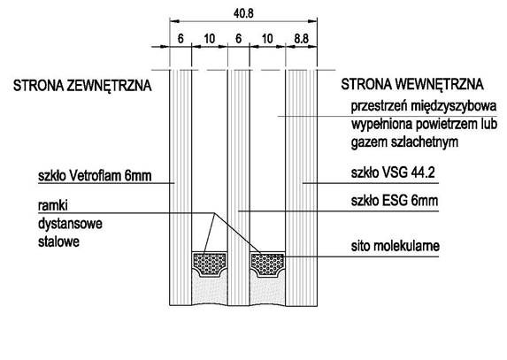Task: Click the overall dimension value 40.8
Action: [243, 13]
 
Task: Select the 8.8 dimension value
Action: [301, 39]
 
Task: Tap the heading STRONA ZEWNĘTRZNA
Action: [82, 86]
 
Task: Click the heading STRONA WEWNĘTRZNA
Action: [412, 84]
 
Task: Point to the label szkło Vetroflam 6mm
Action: [95, 176]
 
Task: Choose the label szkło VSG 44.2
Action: [393, 172]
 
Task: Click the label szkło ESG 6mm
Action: [395, 201]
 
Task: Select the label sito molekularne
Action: [396, 246]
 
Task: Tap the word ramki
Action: [53, 205]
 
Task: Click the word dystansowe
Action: [70, 224]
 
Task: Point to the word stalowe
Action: [58, 241]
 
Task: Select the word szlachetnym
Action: [425, 142]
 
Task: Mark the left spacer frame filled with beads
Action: [210, 264]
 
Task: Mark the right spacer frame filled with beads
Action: [267, 264]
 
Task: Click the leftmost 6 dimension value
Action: [181, 39]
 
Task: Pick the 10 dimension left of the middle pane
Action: [210, 39]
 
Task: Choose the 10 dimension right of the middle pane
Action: [267, 39]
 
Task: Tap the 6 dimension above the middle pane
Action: [238, 39]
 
